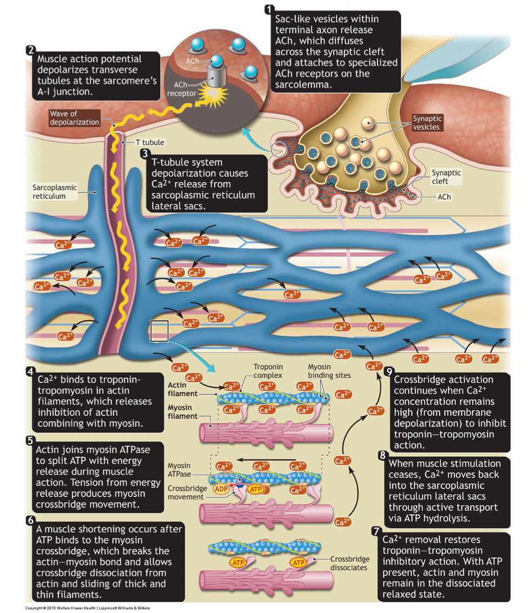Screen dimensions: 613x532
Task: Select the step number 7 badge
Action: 376,531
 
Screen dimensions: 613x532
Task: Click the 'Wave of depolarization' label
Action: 74,118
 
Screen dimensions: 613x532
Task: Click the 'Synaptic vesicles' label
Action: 427,123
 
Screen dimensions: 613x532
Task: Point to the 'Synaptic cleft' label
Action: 447,177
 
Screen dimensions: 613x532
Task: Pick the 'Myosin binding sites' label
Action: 329,371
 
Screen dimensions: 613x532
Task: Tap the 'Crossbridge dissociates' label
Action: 348,563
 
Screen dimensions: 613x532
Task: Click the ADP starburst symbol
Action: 222,489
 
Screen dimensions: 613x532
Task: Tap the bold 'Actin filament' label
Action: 181,389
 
